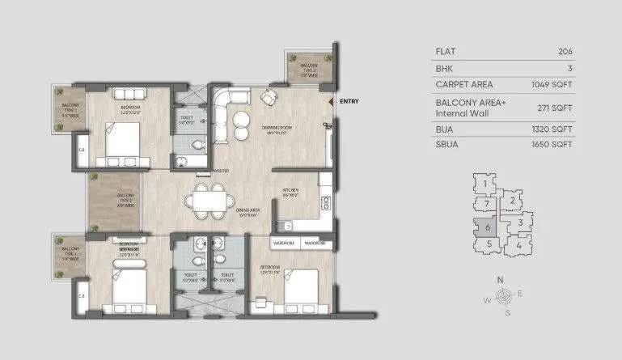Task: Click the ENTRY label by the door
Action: pyautogui.click(x=349, y=101)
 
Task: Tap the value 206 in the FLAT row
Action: pyautogui.click(x=565, y=50)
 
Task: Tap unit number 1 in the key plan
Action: pyautogui.click(x=484, y=184)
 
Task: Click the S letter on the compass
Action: pyautogui.click(x=506, y=311)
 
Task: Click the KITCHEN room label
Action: pyautogui.click(x=291, y=192)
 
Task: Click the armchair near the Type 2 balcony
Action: pyautogui.click(x=267, y=97)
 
